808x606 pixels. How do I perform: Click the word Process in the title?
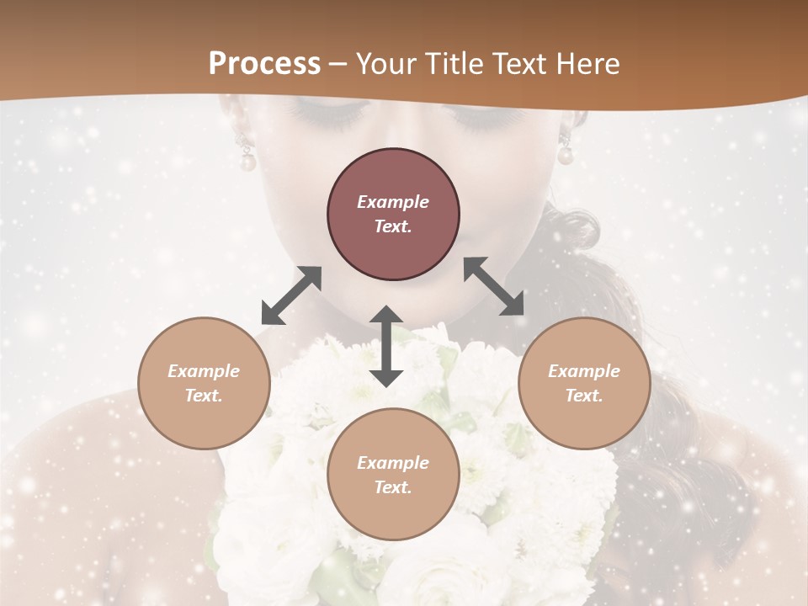tap(264, 63)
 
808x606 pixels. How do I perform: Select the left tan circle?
tap(204, 383)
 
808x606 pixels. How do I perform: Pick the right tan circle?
tap(584, 383)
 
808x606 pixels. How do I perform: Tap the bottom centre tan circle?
tap(393, 474)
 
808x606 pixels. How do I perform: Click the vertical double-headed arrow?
tap(386, 346)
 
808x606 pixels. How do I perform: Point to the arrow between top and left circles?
tap(291, 295)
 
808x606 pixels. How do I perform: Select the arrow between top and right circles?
tap(494, 285)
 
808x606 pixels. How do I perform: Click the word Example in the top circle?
tap(393, 202)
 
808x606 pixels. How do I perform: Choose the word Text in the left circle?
tap(204, 396)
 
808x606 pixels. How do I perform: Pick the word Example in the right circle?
tap(584, 371)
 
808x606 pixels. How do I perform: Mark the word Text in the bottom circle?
tap(393, 487)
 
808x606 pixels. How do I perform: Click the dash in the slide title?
tap(338, 64)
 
